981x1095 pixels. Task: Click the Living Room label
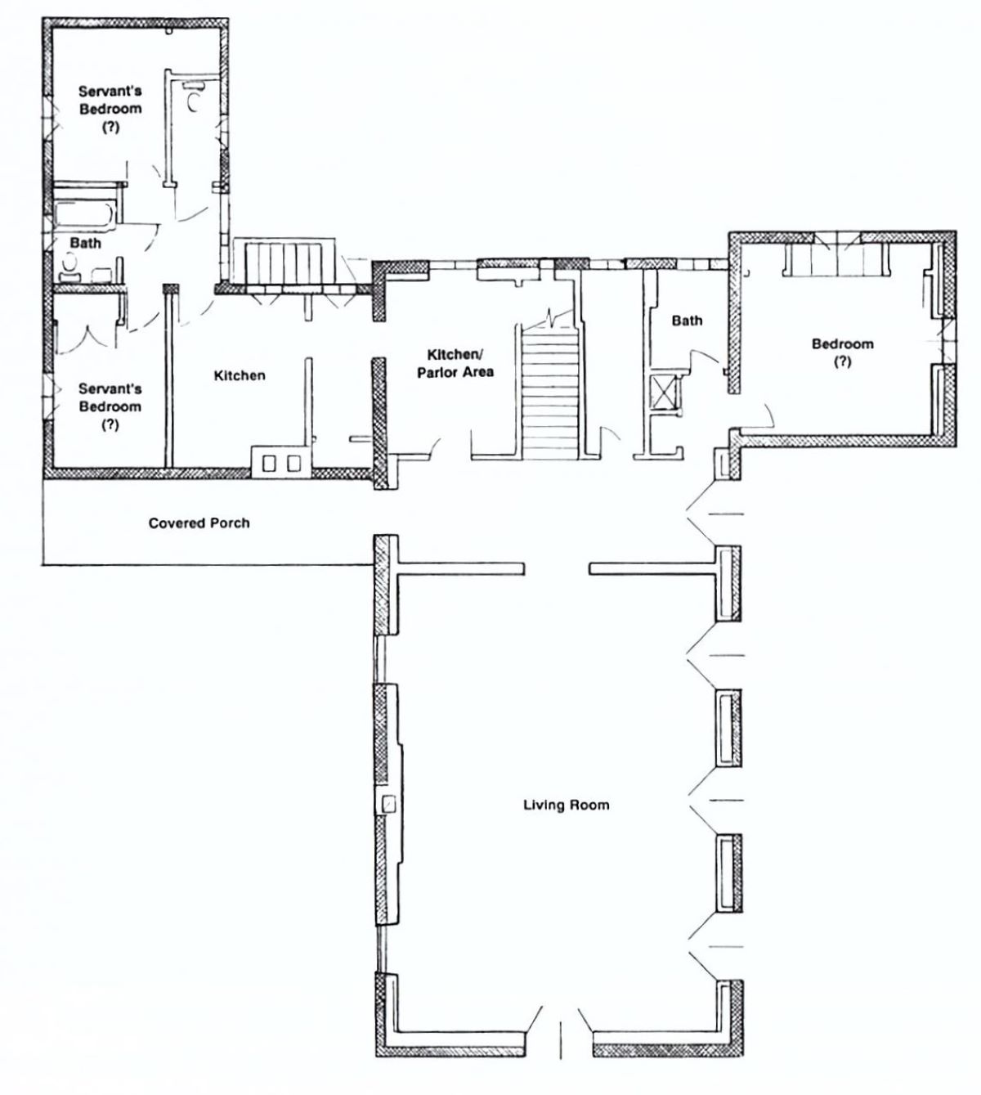tap(567, 805)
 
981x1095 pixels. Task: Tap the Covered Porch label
tap(199, 523)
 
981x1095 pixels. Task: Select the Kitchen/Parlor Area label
tap(455, 363)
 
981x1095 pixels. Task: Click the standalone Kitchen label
tap(240, 375)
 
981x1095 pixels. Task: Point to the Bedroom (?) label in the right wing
tap(842, 352)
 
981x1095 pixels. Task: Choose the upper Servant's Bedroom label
tap(110, 109)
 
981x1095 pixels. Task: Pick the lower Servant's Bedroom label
tap(110, 406)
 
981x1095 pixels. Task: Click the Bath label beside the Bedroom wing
tap(687, 321)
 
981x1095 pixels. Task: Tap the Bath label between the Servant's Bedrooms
tap(85, 243)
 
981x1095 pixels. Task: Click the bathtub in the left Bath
tap(85, 214)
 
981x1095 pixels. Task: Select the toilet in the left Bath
tap(69, 268)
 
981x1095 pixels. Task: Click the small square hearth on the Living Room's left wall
tap(387, 805)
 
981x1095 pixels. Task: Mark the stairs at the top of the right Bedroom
tap(835, 260)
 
